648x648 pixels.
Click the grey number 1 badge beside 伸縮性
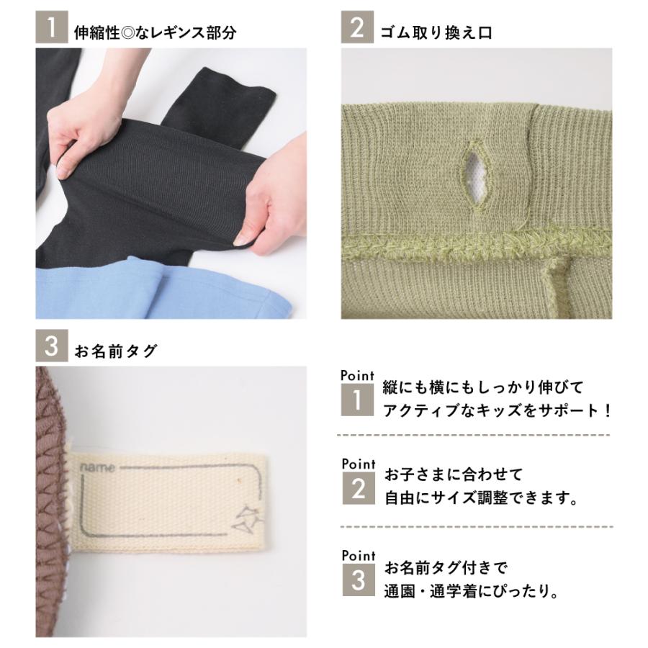pyautogui.click(x=51, y=31)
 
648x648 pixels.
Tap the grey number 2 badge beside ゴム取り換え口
pyautogui.click(x=356, y=31)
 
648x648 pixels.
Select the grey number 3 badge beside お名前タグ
pyautogui.click(x=51, y=348)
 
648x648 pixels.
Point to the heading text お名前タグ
pyautogui.click(x=116, y=351)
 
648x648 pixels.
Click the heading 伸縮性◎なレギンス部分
pyautogui.click(x=155, y=32)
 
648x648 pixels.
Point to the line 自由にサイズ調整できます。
pyautogui.click(x=482, y=498)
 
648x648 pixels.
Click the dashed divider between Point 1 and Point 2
pyautogui.click(x=475, y=436)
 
